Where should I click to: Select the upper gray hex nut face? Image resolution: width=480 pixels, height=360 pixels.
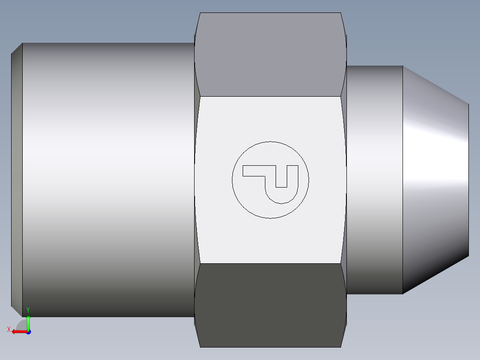(270, 53)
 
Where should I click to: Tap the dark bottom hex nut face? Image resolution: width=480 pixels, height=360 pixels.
(270, 305)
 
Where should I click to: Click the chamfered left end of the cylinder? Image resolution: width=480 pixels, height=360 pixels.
(16, 178)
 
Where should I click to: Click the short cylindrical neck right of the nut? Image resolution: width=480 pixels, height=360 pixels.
(374, 178)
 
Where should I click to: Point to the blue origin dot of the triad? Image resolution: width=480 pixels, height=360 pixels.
(28, 332)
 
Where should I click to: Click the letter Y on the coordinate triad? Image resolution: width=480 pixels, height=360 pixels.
(28, 310)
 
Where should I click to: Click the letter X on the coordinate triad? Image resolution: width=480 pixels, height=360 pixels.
(8, 330)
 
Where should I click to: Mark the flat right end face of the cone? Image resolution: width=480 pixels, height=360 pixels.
(468, 180)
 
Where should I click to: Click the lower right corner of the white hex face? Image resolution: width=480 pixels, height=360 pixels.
(341, 263)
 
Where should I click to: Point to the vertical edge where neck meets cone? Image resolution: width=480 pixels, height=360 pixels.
(403, 178)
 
